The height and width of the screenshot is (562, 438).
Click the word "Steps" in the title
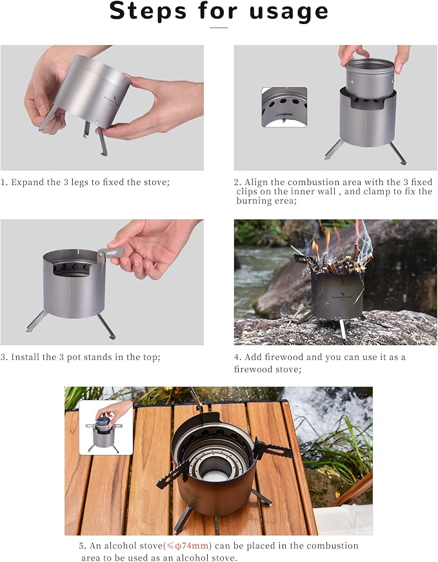click(x=148, y=11)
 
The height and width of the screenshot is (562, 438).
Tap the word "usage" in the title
click(x=288, y=13)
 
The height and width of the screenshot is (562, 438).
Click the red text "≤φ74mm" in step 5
click(x=188, y=546)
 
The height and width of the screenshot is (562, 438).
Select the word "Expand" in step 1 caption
click(x=26, y=183)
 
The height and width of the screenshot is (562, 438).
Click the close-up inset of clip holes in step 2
click(x=284, y=107)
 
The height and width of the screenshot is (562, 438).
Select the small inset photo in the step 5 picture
click(x=106, y=427)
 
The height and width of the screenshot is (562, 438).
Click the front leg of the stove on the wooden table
click(x=183, y=519)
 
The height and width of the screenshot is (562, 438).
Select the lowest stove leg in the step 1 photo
click(x=102, y=141)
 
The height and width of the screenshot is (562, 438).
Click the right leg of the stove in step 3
click(x=106, y=326)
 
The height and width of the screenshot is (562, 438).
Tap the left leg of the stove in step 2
click(x=333, y=150)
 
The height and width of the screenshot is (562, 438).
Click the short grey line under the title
click(x=219, y=28)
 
